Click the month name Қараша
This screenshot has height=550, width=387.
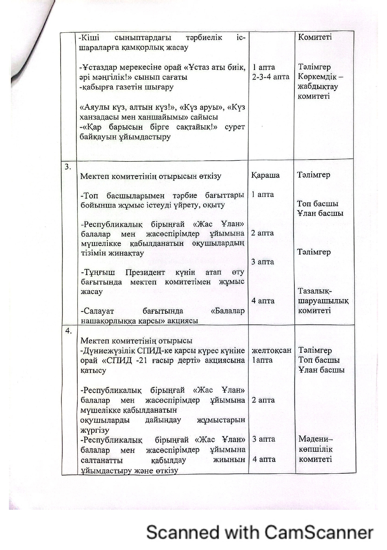pyautogui.click(x=265, y=175)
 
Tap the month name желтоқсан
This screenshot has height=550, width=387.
pyautogui.click(x=271, y=351)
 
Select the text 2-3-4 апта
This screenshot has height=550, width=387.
pyautogui.click(x=271, y=77)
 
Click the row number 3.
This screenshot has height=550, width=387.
pyautogui.click(x=68, y=167)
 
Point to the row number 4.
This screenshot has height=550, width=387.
pyautogui.click(x=68, y=331)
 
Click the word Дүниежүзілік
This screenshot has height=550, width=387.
pyautogui.click(x=110, y=351)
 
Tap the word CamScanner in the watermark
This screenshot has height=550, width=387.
pyautogui.click(x=319, y=533)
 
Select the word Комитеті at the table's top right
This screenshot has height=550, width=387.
pyautogui.click(x=315, y=37)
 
